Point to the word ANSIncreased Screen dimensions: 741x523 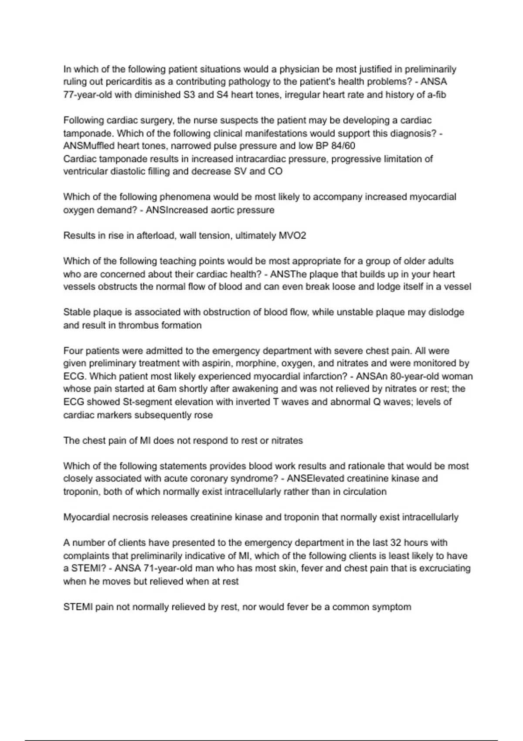[177, 210]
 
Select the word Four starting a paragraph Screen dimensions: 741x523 [72, 351]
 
